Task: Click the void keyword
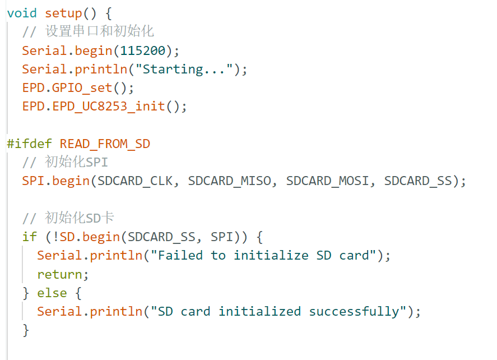(22, 13)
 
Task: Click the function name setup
(63, 13)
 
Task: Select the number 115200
(143, 51)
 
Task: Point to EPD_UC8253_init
(109, 107)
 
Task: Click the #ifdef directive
(29, 144)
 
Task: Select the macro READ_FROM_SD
(105, 144)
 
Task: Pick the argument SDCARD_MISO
(230, 181)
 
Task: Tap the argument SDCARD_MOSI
(328, 181)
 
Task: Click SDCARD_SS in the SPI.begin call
(418, 181)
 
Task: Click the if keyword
(30, 237)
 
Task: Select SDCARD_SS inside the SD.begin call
(161, 237)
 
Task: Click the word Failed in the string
(180, 255)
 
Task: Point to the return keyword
(59, 274)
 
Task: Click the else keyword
(52, 293)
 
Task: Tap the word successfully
(354, 311)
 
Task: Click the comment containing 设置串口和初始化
(88, 31)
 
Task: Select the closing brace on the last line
(26, 330)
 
